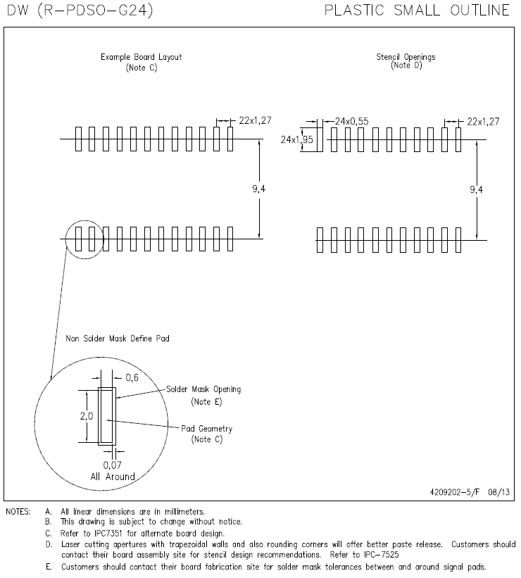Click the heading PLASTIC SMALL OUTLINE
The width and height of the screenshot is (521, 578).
coord(417,11)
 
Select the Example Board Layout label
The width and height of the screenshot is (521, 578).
coord(141,57)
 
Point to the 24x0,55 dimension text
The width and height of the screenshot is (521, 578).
coord(351,121)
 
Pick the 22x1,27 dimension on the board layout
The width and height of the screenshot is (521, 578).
coord(255,121)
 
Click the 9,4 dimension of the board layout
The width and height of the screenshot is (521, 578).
coord(260,189)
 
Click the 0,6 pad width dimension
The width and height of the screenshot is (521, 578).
coord(132,378)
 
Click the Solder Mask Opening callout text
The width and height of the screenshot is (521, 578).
coord(203,389)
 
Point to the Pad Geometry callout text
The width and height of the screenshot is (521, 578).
coord(206,429)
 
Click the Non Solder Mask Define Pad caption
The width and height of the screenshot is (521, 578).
coord(117,339)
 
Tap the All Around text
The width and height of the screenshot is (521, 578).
coord(113,477)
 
